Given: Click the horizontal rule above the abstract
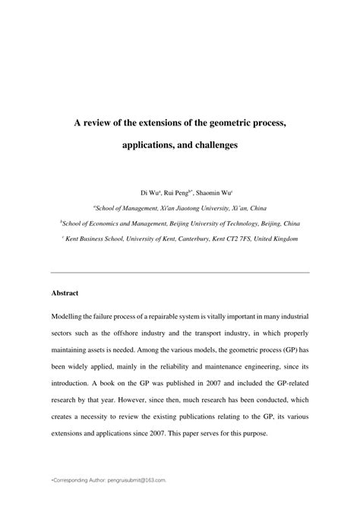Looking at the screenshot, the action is tap(180, 271).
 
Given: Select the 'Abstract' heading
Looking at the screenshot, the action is tap(65, 292).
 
